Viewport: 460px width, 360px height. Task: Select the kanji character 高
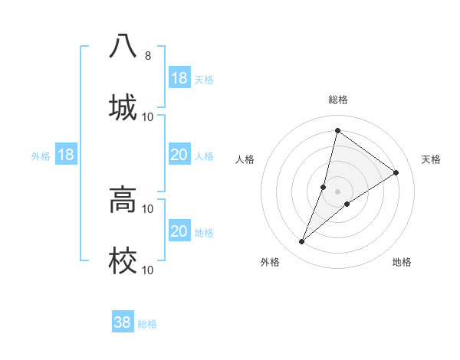pyautogui.click(x=123, y=200)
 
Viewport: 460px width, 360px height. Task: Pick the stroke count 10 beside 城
pyautogui.click(x=148, y=116)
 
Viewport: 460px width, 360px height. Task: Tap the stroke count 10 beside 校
pyautogui.click(x=148, y=270)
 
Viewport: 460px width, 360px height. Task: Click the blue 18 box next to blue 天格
pyautogui.click(x=179, y=78)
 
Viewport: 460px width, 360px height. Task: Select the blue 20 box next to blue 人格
pyautogui.click(x=179, y=155)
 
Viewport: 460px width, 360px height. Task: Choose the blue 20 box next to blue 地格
pyautogui.click(x=179, y=231)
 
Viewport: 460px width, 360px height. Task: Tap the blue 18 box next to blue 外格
pyautogui.click(x=66, y=155)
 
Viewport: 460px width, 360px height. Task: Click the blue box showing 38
pyautogui.click(x=123, y=322)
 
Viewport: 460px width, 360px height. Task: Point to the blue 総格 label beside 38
pyautogui.click(x=147, y=324)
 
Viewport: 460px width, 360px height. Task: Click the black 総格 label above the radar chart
pyautogui.click(x=337, y=100)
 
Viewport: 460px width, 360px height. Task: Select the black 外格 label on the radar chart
pyautogui.click(x=270, y=262)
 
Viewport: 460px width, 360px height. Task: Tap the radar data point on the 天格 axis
pyautogui.click(x=396, y=172)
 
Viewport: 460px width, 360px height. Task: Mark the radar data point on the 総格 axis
pyautogui.click(x=337, y=130)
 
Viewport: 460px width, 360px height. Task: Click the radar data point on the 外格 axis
pyautogui.click(x=302, y=242)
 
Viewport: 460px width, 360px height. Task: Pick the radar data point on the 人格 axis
pyautogui.click(x=324, y=187)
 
